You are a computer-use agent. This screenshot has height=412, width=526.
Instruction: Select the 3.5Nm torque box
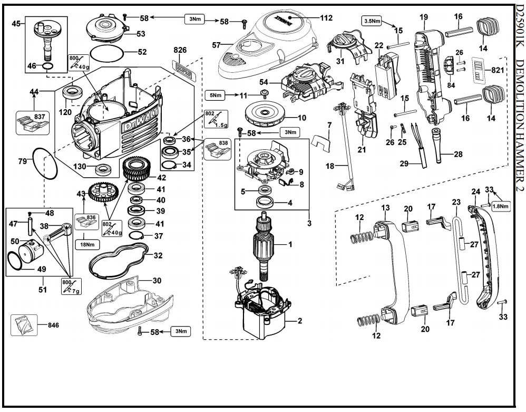(373, 21)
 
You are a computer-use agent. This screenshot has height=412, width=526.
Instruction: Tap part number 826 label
(180, 50)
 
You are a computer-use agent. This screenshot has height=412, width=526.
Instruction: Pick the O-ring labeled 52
(108, 53)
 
